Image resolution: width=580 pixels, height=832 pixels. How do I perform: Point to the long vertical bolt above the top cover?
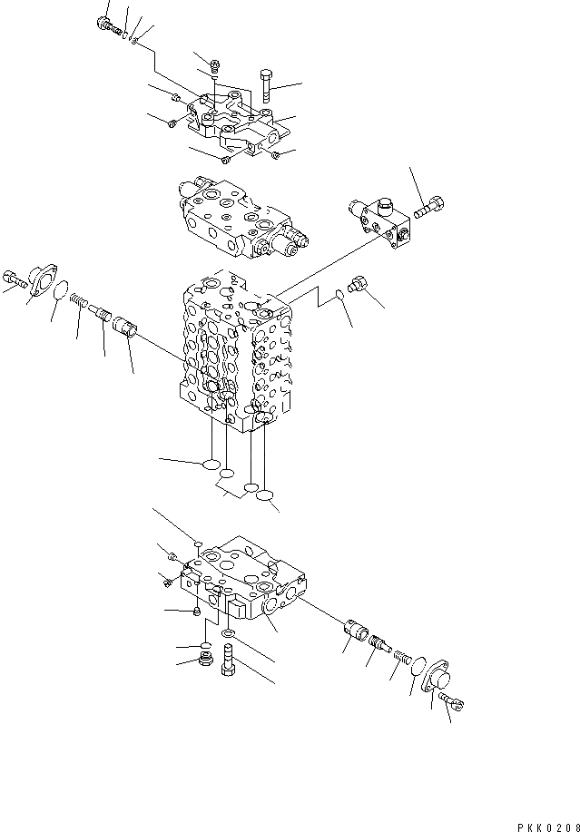coord(265,86)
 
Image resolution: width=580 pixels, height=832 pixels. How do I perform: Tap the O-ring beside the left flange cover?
coord(60,294)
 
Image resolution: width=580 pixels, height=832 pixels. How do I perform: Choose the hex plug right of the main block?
coord(359,284)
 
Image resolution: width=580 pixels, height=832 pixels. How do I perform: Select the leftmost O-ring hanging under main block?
coord(211,465)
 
